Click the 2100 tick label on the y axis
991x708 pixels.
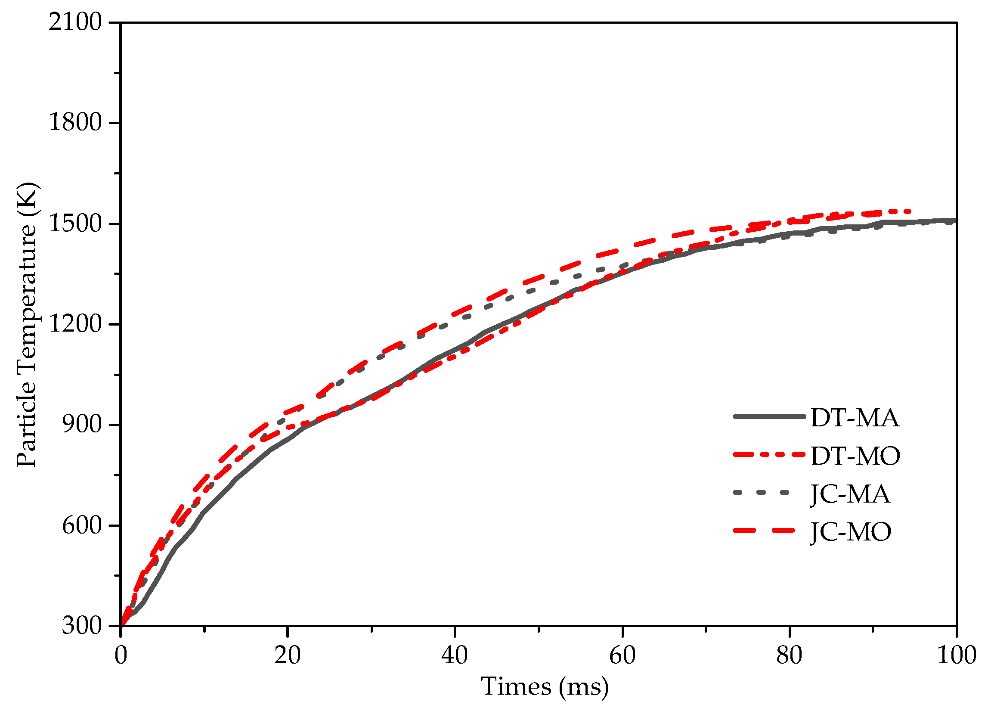point(74,22)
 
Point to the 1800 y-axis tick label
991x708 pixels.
point(74,122)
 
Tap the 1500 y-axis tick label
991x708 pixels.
point(74,224)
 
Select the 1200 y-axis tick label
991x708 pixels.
point(74,324)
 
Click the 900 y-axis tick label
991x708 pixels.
point(81,424)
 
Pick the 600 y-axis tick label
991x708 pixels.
point(81,525)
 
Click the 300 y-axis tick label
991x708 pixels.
point(81,626)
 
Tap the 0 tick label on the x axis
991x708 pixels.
point(121,656)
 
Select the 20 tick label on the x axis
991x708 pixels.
point(287,656)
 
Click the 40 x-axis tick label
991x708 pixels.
point(455,656)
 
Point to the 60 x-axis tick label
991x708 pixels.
point(622,656)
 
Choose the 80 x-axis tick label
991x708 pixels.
point(789,656)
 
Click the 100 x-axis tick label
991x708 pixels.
point(956,656)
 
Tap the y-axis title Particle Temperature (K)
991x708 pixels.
point(27,325)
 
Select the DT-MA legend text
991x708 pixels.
point(855,418)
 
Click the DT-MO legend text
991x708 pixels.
point(855,456)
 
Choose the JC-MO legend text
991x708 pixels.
point(851,532)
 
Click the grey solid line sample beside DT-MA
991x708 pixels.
point(769,416)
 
